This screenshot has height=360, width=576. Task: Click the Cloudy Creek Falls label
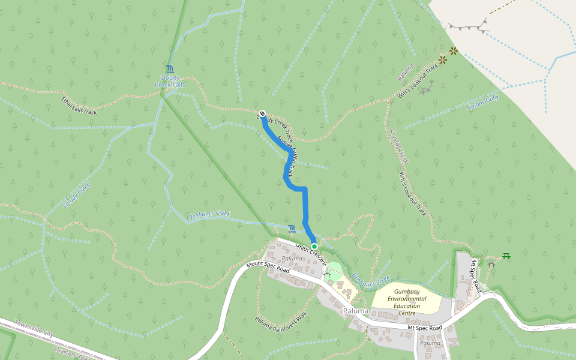point(170,81)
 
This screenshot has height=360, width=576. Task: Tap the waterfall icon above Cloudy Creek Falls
point(170,69)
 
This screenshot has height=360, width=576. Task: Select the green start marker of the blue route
point(314,246)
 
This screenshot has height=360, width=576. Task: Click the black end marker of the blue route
point(262,114)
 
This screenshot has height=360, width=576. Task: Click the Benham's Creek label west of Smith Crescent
point(209,214)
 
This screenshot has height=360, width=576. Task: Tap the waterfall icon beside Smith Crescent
point(292,229)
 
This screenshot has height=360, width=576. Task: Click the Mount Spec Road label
point(268,267)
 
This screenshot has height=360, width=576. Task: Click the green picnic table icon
point(506,256)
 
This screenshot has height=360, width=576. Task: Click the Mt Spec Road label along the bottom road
point(424,328)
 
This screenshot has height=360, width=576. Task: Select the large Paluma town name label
point(356,311)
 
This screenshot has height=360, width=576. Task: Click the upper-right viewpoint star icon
point(453,51)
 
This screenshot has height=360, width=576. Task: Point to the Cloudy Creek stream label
point(76,196)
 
